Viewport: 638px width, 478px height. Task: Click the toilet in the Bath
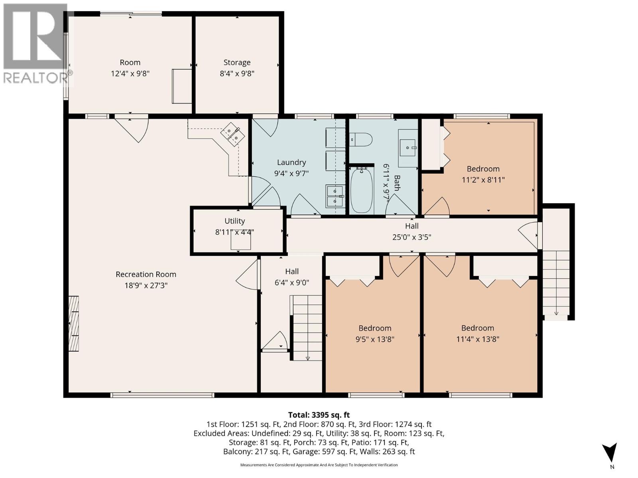[x=360, y=139]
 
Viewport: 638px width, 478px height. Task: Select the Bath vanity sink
[x=408, y=148]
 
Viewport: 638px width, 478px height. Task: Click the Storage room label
[x=237, y=63]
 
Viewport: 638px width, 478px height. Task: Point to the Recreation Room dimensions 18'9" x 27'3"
[x=146, y=286]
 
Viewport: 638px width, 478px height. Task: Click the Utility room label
[x=234, y=221]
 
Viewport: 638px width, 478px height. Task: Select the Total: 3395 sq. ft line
[x=319, y=415]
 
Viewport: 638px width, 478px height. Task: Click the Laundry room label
[x=291, y=162]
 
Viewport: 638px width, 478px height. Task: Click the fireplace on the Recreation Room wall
[x=74, y=323]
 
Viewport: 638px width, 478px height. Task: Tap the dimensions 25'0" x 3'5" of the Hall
[x=412, y=237]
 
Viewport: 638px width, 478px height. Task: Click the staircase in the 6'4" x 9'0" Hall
[x=306, y=328]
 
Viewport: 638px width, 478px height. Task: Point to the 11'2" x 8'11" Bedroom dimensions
[x=483, y=180]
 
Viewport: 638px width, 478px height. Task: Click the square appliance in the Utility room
[x=241, y=241]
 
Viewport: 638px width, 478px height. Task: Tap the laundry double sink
[x=335, y=196]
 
